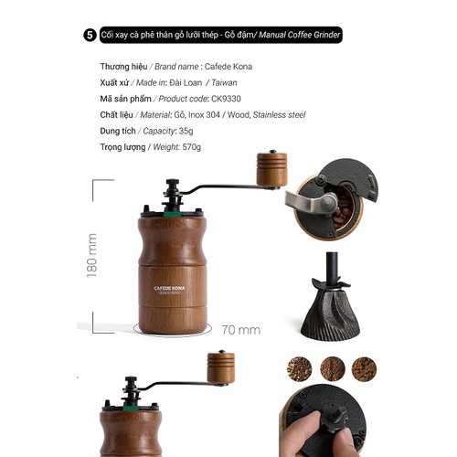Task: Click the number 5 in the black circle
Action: [90, 35]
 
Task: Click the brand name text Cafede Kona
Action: [228, 67]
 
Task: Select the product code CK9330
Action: [226, 99]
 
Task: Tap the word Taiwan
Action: [224, 82]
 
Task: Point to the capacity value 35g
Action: [186, 131]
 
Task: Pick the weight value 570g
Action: [192, 147]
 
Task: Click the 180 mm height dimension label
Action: [91, 256]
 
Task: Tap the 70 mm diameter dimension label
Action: [241, 330]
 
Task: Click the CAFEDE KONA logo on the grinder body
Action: [169, 288]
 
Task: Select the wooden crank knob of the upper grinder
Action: [271, 169]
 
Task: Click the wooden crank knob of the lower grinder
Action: [221, 367]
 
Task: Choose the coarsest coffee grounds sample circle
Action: [300, 369]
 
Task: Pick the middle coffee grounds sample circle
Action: [333, 369]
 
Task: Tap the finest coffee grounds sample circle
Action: [364, 369]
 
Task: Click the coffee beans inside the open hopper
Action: [342, 207]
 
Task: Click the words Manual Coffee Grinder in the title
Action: [299, 35]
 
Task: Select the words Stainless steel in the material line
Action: [279, 115]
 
